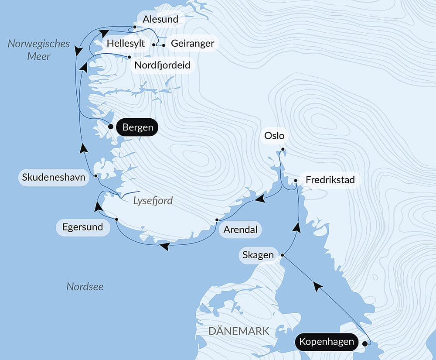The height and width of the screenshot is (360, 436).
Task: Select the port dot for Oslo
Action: pyautogui.click(x=283, y=150)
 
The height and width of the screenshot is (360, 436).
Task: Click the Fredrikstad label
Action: pyautogui.click(x=330, y=180)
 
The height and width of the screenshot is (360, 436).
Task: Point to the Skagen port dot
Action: pyautogui.click(x=283, y=255)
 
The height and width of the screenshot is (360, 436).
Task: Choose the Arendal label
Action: pyautogui.click(x=240, y=230)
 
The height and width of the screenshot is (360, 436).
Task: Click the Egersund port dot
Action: pyautogui.click(x=116, y=219)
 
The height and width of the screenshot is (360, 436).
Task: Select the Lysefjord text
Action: pyautogui.click(x=153, y=201)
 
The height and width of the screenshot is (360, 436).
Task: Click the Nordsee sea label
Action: pyautogui.click(x=85, y=287)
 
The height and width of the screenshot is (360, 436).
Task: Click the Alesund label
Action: pyautogui.click(x=160, y=20)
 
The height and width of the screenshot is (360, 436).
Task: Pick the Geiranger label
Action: pyautogui.click(x=192, y=44)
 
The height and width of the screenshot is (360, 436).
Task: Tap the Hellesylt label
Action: pyautogui.click(x=126, y=44)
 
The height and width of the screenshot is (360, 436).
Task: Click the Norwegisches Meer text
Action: pyautogui.click(x=38, y=50)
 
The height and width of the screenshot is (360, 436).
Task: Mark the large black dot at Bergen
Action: pyautogui.click(x=111, y=127)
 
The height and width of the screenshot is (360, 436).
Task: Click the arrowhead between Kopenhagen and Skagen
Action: pyautogui.click(x=318, y=286)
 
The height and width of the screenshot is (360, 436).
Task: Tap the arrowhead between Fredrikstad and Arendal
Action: pyautogui.click(x=260, y=199)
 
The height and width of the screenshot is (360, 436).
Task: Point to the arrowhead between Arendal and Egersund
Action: pyautogui.click(x=164, y=247)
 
